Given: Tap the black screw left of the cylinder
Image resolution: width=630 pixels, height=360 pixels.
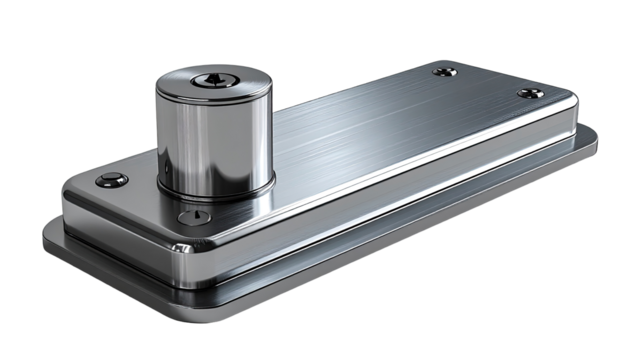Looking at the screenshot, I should click(111, 180).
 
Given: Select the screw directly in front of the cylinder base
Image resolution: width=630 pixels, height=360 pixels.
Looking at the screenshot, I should click(193, 217).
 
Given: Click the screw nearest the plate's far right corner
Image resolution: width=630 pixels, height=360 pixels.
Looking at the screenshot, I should click(531, 93).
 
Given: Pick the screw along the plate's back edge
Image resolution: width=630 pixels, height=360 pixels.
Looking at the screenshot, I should click(445, 71).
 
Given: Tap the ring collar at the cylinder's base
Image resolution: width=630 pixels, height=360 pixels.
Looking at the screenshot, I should click(215, 190).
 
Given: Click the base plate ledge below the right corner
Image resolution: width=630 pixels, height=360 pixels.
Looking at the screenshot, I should click(580, 150).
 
